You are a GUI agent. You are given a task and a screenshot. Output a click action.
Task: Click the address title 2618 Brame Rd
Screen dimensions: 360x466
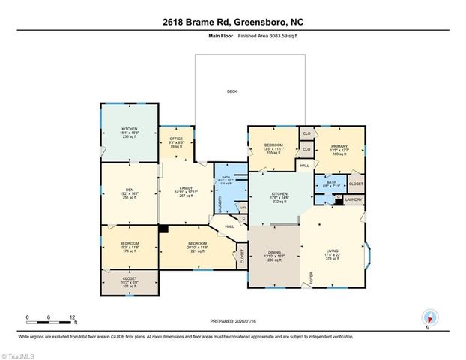pos(232,21)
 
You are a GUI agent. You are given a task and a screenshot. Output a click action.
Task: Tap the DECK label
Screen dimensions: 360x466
pos(232,92)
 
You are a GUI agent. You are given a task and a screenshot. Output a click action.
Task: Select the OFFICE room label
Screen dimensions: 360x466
pos(176,139)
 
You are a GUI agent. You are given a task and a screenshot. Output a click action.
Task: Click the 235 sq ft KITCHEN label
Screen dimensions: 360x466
pos(130,130)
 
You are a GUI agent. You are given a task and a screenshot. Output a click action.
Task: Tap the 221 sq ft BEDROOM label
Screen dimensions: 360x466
pos(198,244)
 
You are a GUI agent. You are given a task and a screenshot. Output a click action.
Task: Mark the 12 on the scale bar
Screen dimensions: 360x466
pos(73,318)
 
